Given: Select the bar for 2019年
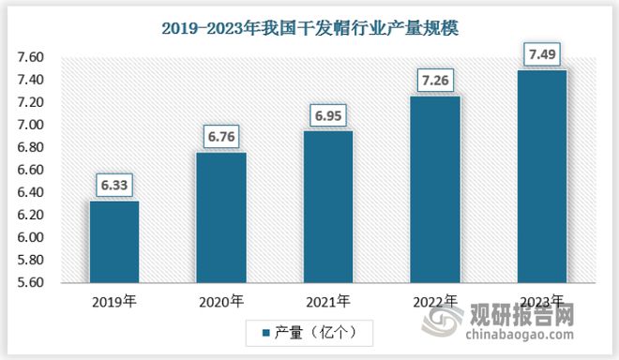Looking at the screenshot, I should coord(113,241).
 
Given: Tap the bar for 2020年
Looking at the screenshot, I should coord(220,217).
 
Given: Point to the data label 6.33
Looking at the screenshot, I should coord(113,186).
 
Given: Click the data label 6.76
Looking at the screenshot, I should coord(220,138).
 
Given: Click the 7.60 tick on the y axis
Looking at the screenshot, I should coord(31,58).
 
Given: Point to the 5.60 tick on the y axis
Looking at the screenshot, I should coord(31,283).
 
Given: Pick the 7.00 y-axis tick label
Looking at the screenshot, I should coord(31,126).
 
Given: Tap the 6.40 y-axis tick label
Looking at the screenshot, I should coord(31,193).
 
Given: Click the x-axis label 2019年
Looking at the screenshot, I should coord(113,302).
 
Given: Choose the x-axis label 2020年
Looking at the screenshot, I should coord(220,302).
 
